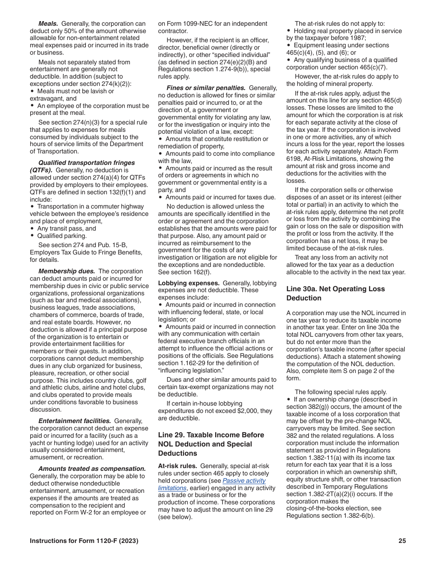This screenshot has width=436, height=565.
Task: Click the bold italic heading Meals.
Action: tap(48, 23)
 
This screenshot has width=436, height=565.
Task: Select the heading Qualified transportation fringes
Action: tap(86, 163)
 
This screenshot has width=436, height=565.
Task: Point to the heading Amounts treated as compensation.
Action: tap(92, 469)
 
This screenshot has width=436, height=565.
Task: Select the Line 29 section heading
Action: tap(211, 444)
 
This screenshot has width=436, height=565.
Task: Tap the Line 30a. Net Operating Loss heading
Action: tap(335, 293)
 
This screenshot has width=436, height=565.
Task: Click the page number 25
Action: tap(402, 541)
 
